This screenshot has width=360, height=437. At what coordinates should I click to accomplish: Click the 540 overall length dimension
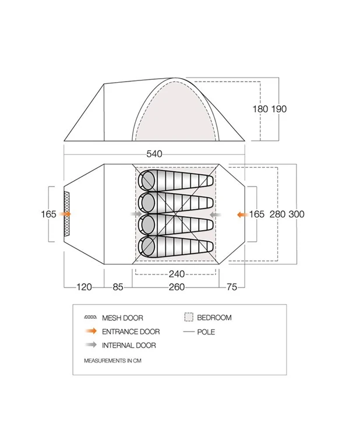tap(154, 154)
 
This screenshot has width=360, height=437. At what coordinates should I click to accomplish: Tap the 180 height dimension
tap(261, 108)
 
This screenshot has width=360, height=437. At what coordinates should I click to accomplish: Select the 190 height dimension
tap(279, 108)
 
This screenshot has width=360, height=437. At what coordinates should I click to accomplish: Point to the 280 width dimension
tap(277, 214)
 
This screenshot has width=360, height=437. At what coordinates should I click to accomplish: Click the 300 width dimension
tap(296, 214)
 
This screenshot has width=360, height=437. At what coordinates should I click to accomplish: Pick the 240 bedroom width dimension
tap(177, 274)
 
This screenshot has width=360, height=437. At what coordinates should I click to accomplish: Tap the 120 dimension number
tap(84, 287)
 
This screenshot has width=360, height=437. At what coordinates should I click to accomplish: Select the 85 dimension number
tap(118, 287)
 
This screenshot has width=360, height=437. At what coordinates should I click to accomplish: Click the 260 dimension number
tap(177, 287)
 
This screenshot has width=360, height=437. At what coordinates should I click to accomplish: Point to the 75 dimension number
tap(232, 287)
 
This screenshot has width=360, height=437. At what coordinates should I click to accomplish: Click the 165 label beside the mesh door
tap(48, 214)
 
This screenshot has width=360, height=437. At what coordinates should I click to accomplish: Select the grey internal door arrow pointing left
tap(214, 214)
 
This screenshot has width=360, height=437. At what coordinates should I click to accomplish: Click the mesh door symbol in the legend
tap(90, 318)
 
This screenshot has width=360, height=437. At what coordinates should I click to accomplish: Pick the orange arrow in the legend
tap(90, 332)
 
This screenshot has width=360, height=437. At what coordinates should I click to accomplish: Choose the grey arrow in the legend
tap(90, 345)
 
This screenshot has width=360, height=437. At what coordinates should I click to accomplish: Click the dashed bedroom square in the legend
tap(188, 318)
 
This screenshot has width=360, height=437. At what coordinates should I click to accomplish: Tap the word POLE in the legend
tap(206, 332)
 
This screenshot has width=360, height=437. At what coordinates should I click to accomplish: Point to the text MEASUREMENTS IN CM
tap(112, 361)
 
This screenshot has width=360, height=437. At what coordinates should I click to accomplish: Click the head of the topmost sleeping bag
tap(146, 179)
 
